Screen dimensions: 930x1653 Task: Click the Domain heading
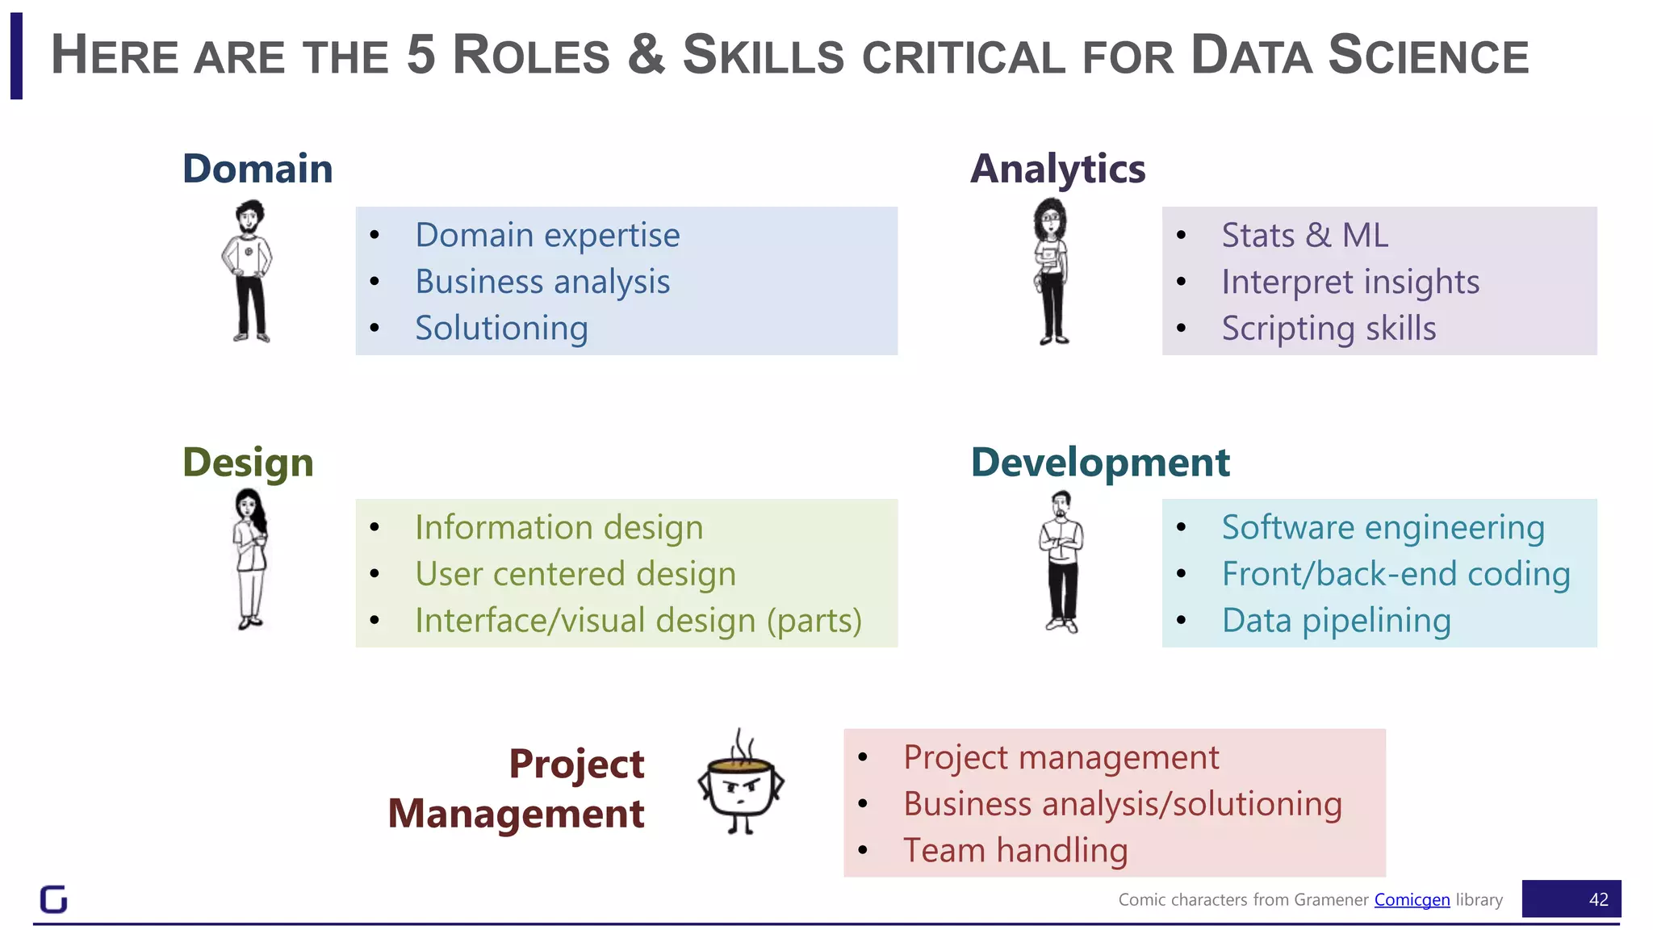[x=257, y=169]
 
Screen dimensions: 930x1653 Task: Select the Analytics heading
[x=1057, y=170]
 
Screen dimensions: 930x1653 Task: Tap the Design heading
[x=248, y=463]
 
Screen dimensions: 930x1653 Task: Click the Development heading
[x=1100, y=463]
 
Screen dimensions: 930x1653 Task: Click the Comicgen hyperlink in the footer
[x=1412, y=899]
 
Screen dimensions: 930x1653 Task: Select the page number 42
[x=1598, y=899]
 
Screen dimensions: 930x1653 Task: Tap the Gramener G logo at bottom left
[x=53, y=899]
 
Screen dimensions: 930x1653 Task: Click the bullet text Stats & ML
[x=1304, y=235]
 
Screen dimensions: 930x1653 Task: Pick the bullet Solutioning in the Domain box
[x=501, y=329]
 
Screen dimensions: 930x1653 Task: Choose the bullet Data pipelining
[x=1336, y=621]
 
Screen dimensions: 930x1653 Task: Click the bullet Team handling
[x=1015, y=850]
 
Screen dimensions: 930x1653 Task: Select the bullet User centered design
[x=575, y=574]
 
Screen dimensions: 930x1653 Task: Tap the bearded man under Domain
[x=249, y=271]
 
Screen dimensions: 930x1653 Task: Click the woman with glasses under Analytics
[x=1051, y=271]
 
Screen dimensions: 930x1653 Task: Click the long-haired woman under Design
[x=250, y=559]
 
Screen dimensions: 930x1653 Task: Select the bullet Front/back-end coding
[x=1396, y=574]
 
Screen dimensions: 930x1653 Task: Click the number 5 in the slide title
[x=421, y=55]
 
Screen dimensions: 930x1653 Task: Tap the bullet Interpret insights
[x=1350, y=282]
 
